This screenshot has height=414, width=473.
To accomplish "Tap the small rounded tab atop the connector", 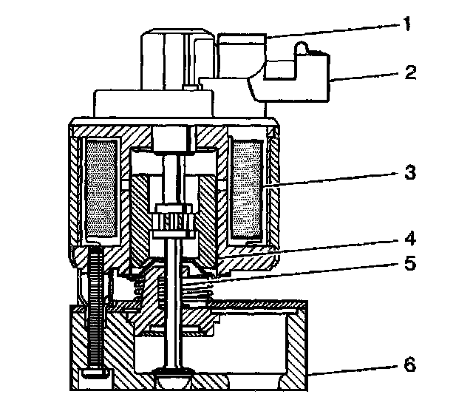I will [302, 51].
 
